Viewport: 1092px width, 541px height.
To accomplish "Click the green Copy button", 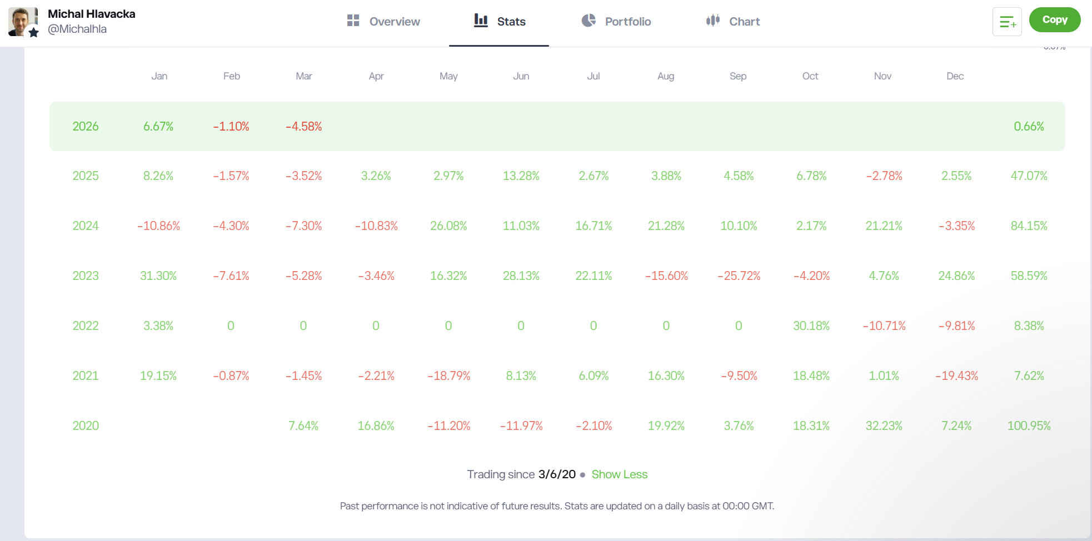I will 1054,20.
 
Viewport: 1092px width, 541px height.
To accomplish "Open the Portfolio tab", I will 616,22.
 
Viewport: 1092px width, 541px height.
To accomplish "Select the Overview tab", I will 383,22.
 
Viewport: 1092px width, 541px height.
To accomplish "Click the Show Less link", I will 619,474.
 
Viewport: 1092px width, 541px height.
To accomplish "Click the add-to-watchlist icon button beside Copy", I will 1007,22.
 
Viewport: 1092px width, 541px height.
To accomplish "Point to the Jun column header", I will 521,76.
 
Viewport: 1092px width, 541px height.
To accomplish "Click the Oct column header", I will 810,76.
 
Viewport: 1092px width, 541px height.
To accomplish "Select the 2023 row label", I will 86,276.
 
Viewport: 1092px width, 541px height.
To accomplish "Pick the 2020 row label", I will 86,426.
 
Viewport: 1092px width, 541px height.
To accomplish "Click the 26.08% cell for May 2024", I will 448,226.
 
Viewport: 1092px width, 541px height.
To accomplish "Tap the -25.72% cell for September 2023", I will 739,276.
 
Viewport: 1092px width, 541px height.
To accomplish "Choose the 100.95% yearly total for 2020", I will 1029,426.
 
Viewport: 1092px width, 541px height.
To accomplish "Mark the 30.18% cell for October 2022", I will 811,326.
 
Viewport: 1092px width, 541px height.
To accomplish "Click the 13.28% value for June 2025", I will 521,176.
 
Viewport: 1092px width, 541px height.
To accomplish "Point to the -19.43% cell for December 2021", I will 956,376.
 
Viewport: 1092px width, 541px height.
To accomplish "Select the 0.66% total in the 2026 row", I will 1029,127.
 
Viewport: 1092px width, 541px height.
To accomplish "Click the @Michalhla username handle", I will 77,29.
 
